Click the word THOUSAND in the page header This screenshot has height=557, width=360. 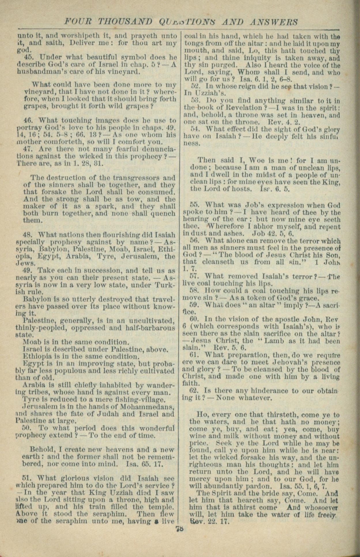click(125, 22)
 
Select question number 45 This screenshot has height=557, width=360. click(27, 57)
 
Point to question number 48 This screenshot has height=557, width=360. click(27, 234)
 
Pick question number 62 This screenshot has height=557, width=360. click(194, 391)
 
